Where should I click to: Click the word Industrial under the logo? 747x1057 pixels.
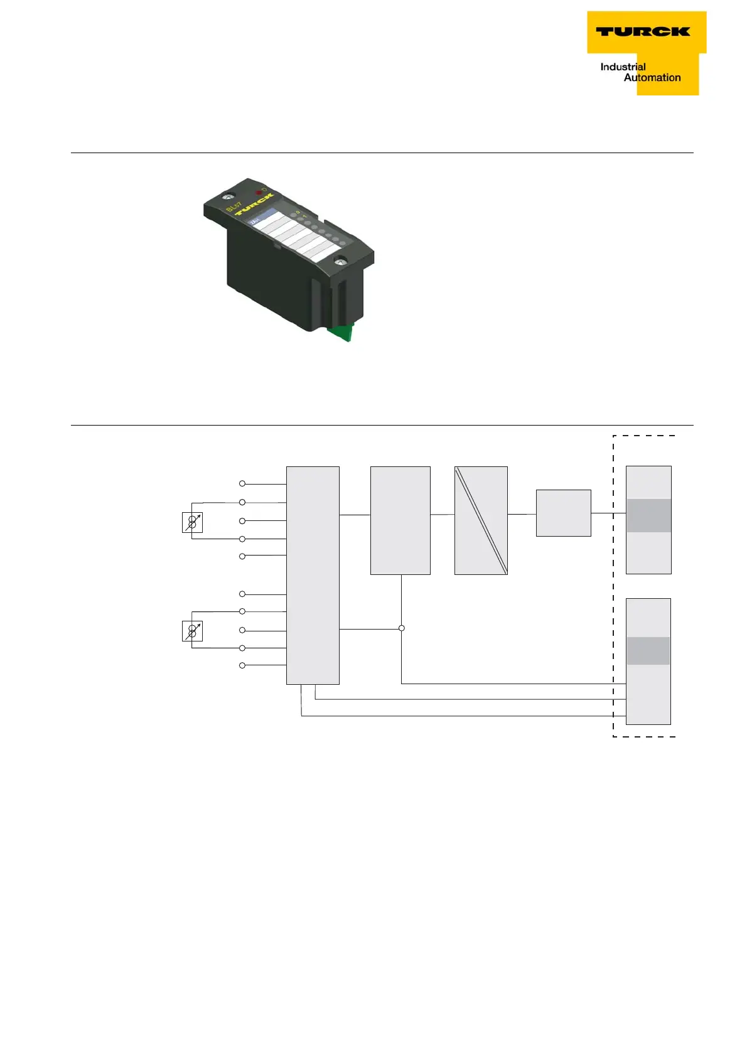623,67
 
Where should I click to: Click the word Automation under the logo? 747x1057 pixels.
652,78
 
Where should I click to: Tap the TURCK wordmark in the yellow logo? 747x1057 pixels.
643,31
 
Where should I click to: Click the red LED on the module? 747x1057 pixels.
259,191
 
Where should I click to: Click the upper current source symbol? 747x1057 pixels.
192,522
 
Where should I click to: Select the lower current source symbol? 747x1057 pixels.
192,631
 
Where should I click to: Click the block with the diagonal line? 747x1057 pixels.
481,520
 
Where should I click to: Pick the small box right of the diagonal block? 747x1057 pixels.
563,513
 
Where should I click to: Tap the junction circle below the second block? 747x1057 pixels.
402,628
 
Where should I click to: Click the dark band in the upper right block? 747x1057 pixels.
648,515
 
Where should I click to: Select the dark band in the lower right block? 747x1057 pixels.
648,651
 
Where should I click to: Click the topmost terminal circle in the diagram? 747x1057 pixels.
242,484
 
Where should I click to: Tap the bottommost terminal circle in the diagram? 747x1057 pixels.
242,665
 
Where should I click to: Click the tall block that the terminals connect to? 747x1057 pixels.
313,575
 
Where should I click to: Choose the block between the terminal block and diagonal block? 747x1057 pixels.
400,520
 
